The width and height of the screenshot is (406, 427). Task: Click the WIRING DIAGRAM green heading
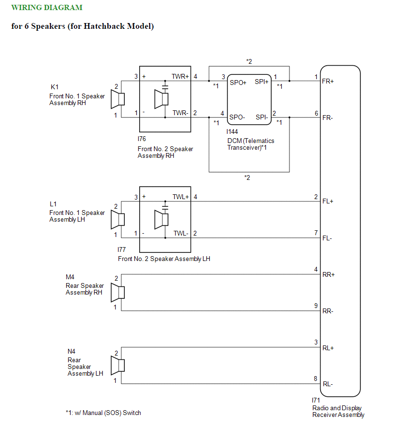pyautogui.click(x=47, y=8)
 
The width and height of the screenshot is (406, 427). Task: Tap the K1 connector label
pyautogui.click(x=55, y=87)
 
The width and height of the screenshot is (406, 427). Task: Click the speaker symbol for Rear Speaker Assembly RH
pyautogui.click(x=118, y=293)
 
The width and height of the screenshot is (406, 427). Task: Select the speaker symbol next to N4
pyautogui.click(x=118, y=366)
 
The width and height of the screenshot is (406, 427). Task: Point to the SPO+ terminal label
pyautogui.click(x=238, y=83)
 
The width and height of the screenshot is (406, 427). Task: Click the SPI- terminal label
pyautogui.click(x=262, y=117)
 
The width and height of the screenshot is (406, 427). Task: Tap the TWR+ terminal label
pyautogui.click(x=180, y=76)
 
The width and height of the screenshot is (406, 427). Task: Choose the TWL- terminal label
pyautogui.click(x=181, y=233)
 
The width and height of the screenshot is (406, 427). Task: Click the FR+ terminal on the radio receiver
pyautogui.click(x=328, y=81)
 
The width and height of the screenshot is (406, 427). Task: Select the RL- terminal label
pyautogui.click(x=328, y=384)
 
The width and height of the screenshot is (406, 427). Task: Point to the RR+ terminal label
pyautogui.click(x=328, y=274)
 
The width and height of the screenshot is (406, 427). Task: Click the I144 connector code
pyautogui.click(x=232, y=131)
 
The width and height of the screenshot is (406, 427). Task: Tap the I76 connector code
pyautogui.click(x=142, y=139)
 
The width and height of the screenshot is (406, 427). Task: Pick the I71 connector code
pyautogui.click(x=316, y=400)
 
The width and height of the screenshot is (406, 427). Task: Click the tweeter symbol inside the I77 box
pyautogui.click(x=161, y=219)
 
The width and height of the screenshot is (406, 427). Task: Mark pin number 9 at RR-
pyautogui.click(x=316, y=306)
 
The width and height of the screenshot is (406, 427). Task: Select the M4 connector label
pyautogui.click(x=70, y=277)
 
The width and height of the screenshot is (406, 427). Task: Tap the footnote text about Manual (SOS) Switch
pyautogui.click(x=103, y=413)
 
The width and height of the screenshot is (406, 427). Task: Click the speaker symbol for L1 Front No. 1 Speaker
pyautogui.click(x=118, y=219)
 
